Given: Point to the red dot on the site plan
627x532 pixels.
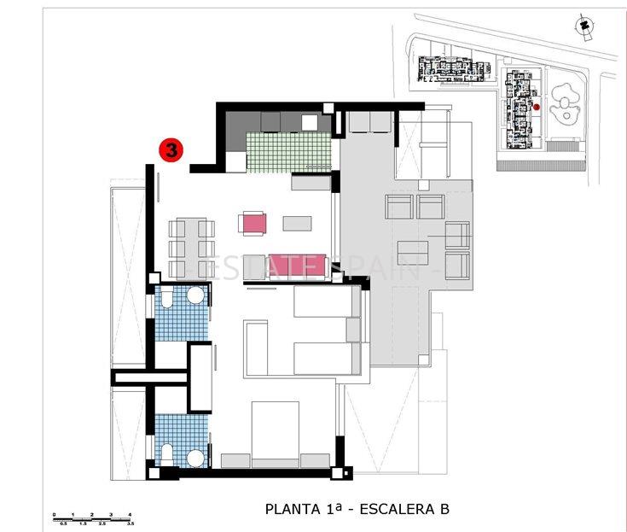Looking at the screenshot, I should pyautogui.click(x=537, y=107).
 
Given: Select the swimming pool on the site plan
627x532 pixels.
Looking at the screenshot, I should pyautogui.click(x=564, y=103).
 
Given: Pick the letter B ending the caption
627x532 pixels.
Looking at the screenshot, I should pyautogui.click(x=444, y=510).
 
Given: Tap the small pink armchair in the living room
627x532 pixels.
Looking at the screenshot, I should pyautogui.click(x=253, y=224).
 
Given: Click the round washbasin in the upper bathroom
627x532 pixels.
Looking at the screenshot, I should pyautogui.click(x=195, y=296).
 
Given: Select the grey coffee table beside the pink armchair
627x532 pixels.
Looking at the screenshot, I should pyautogui.click(x=298, y=224).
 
